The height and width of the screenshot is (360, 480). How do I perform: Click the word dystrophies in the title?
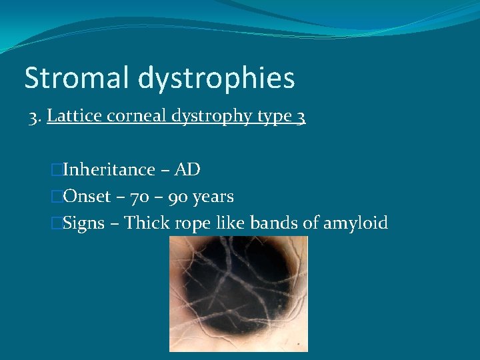pyautogui.click(x=216, y=79)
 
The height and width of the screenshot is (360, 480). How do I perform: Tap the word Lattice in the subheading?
pyautogui.click(x=73, y=117)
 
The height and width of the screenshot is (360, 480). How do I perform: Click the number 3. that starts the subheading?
pyautogui.click(x=35, y=117)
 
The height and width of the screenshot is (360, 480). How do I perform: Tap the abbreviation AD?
pyautogui.click(x=187, y=170)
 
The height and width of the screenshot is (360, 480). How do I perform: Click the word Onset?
pyautogui.click(x=87, y=197)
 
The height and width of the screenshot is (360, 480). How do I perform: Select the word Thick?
pyautogui.click(x=147, y=223)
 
